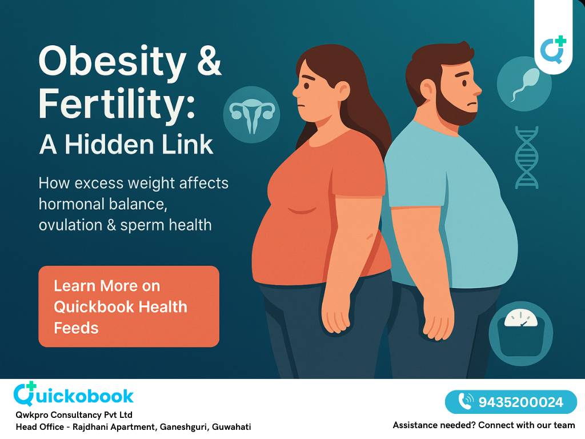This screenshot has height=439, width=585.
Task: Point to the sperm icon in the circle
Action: pyautogui.click(x=524, y=83)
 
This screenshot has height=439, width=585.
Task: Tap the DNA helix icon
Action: pyautogui.click(x=526, y=157)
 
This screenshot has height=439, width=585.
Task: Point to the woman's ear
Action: pyautogui.click(x=342, y=90)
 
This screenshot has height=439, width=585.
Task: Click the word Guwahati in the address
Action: pyautogui.click(x=231, y=427)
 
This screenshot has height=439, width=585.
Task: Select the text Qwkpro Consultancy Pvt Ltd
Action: pyautogui.click(x=74, y=415)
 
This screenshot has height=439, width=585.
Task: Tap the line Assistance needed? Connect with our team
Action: pyautogui.click(x=484, y=425)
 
